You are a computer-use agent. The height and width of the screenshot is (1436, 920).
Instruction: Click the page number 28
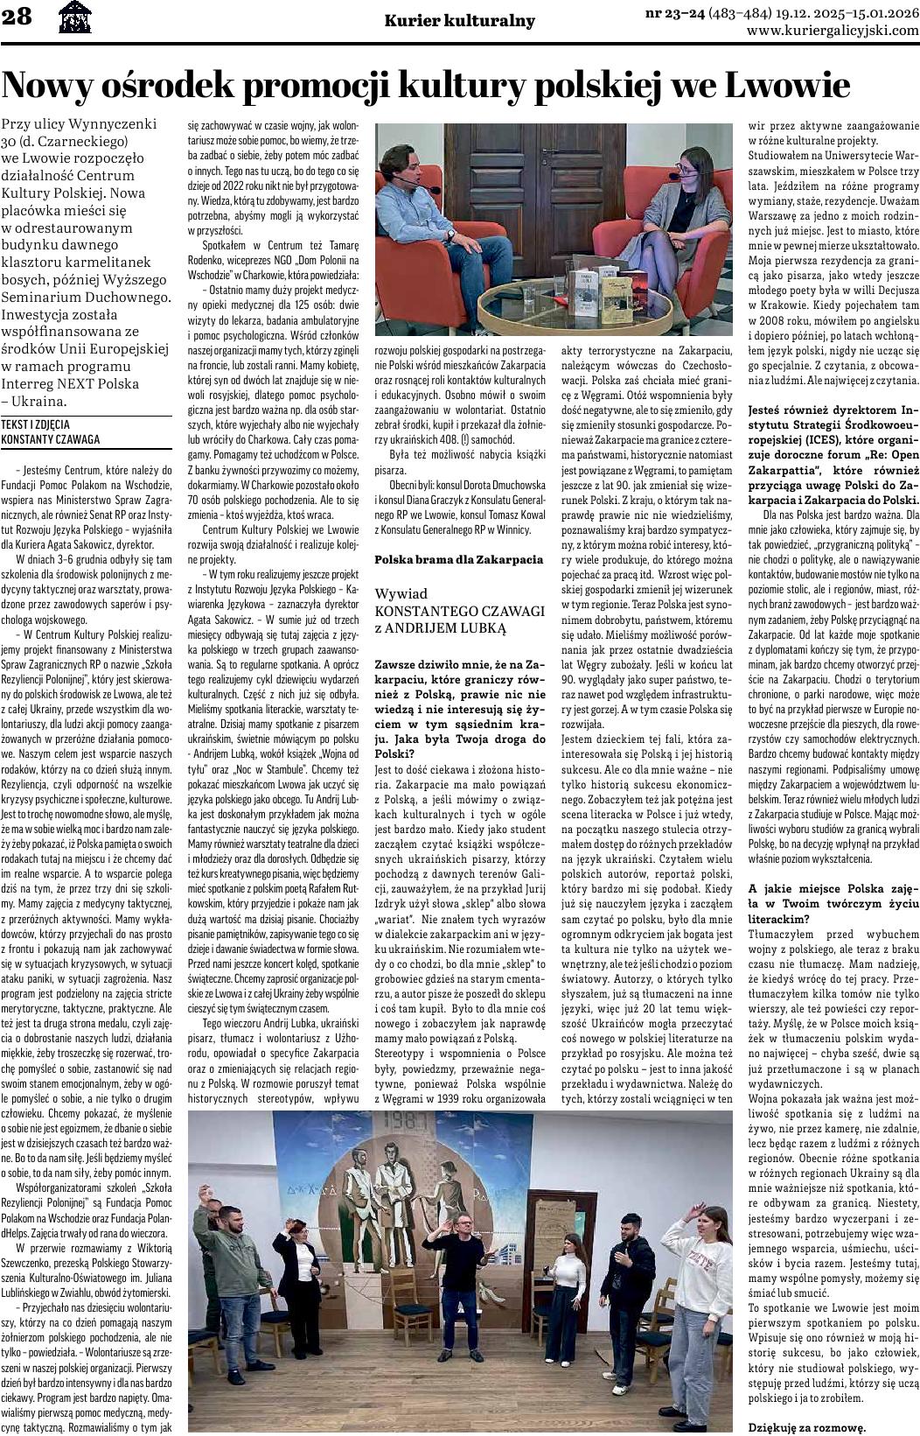[17, 18]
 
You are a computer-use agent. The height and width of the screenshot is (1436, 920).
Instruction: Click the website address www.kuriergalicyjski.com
[833, 30]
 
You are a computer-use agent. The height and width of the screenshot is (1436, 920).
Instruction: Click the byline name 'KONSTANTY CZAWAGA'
[50, 439]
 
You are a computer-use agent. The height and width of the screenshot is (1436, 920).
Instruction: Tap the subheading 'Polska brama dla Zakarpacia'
[458, 558]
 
